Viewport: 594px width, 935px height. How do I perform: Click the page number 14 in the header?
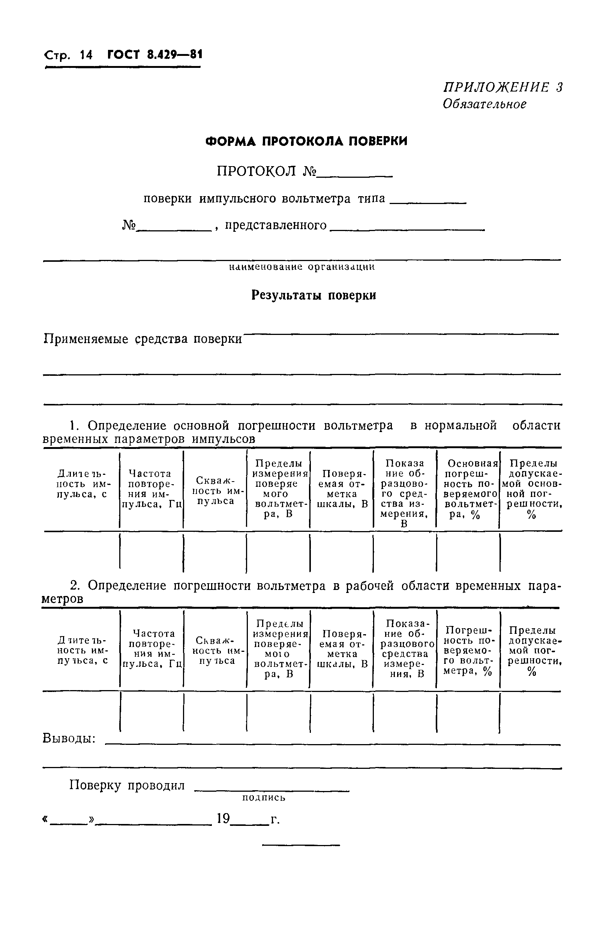click(86, 55)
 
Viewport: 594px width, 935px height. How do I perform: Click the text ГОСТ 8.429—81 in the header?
click(154, 55)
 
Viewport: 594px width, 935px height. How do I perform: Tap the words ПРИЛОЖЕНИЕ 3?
click(503, 87)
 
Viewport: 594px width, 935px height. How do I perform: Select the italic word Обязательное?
click(484, 104)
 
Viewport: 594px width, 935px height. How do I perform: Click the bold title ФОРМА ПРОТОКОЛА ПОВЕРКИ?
click(306, 141)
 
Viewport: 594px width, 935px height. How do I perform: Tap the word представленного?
click(276, 225)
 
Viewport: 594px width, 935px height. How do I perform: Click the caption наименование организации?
click(301, 267)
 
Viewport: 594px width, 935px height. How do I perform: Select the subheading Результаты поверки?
click(314, 296)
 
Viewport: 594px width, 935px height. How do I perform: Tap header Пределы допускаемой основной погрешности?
click(531, 489)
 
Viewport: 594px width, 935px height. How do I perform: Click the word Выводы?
click(69, 738)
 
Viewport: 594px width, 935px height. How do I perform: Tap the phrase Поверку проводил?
click(127, 785)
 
